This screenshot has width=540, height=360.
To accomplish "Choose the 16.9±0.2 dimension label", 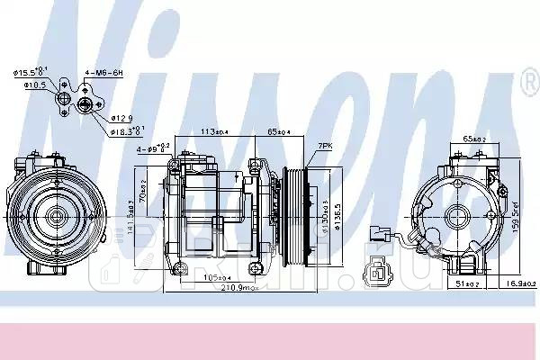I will [x=521, y=283].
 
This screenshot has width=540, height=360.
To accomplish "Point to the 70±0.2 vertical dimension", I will [x=143, y=193].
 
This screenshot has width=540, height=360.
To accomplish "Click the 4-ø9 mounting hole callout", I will [x=149, y=147].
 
